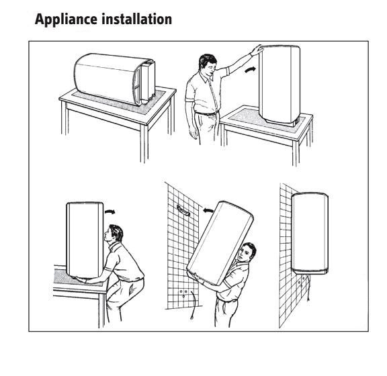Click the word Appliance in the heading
coord(66,19)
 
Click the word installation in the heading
coord(137,19)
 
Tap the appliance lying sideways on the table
coord(115,79)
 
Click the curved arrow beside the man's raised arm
coord(249,70)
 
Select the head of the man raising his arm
coord(208,65)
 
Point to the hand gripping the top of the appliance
coord(257,50)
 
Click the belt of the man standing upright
coord(206,113)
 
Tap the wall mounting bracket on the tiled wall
coord(183,210)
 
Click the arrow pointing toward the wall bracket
coord(208,210)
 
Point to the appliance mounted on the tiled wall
coord(310,233)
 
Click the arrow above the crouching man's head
coord(110,211)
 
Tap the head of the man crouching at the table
coord(114,233)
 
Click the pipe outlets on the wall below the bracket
coord(183,293)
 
